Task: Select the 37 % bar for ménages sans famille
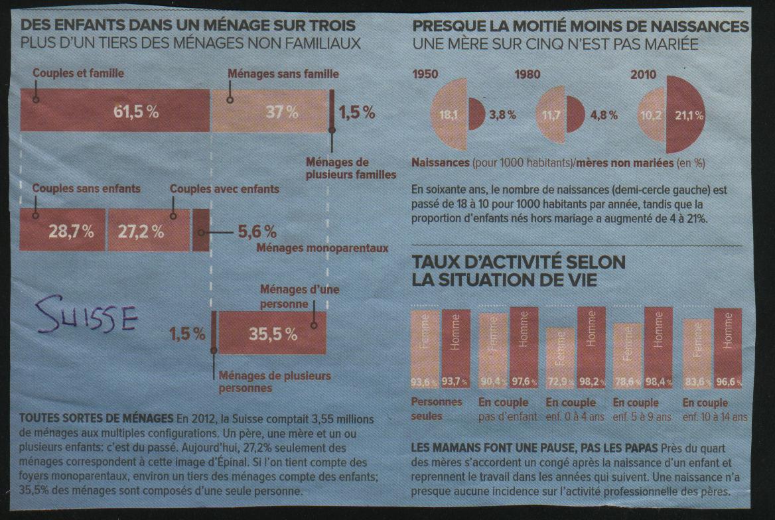[269, 111]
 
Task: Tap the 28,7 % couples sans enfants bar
[62, 230]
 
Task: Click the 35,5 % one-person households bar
[272, 334]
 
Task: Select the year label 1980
[528, 75]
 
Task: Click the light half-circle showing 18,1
[451, 115]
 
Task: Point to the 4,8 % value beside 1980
[603, 115]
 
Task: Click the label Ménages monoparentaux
[322, 248]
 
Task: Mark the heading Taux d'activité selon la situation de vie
[518, 271]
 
